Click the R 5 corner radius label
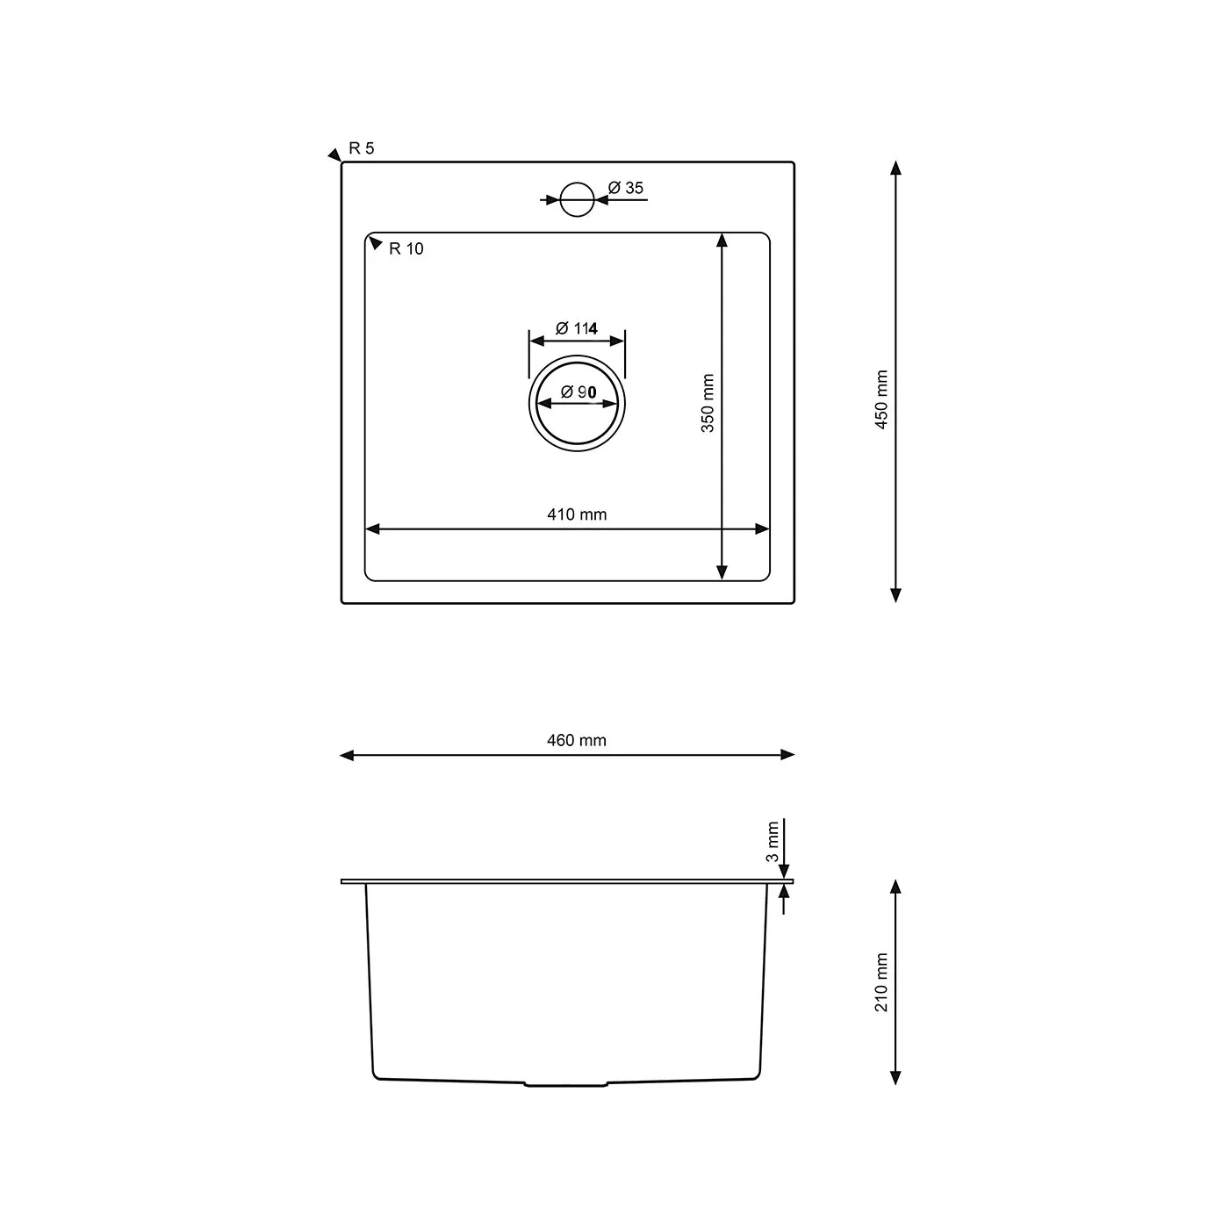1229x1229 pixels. pyautogui.click(x=361, y=148)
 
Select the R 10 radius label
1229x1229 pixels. pyautogui.click(x=406, y=249)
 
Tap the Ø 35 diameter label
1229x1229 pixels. pyautogui.click(x=626, y=188)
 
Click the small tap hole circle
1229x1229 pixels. pyautogui.click(x=577, y=199)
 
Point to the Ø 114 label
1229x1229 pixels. pyautogui.click(x=577, y=328)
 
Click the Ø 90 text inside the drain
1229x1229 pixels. pyautogui.click(x=577, y=392)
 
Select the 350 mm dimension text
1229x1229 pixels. pyautogui.click(x=708, y=403)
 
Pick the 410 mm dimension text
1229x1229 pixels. pyautogui.click(x=577, y=514)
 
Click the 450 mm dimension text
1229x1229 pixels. pyautogui.click(x=882, y=399)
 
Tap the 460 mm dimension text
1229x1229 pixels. pyautogui.click(x=577, y=741)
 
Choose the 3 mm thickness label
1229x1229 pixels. pyautogui.click(x=773, y=842)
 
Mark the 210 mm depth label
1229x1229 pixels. pyautogui.click(x=882, y=982)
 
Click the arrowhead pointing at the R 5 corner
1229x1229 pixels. pyautogui.click(x=334, y=155)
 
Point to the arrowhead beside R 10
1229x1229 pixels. pyautogui.click(x=375, y=243)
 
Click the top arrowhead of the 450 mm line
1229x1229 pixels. pyautogui.click(x=895, y=168)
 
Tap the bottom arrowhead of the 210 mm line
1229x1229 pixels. pyautogui.click(x=895, y=1077)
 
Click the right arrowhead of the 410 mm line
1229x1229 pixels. pyautogui.click(x=762, y=528)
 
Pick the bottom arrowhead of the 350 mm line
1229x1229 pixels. pyautogui.click(x=722, y=572)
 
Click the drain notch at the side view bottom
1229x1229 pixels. pyautogui.click(x=566, y=1084)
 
